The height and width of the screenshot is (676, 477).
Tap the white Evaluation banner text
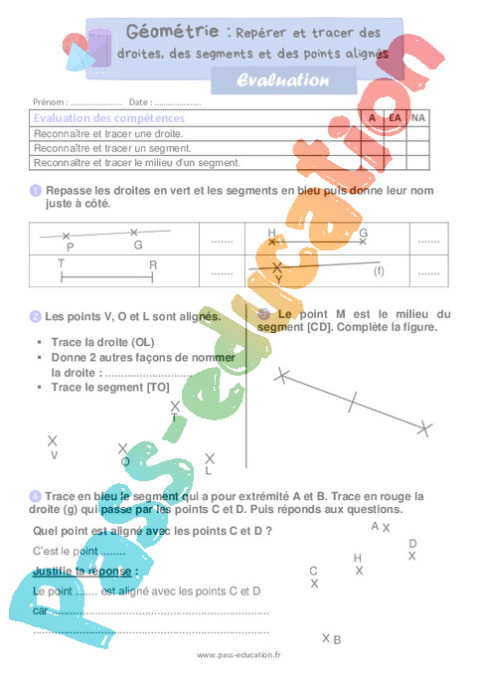284,80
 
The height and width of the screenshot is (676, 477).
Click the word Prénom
49,101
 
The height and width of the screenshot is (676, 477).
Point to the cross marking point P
67,236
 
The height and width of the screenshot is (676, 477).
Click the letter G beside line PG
138,245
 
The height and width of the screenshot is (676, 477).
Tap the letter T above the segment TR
62,264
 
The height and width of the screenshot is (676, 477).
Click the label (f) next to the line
378,270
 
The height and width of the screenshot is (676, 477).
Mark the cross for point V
53,440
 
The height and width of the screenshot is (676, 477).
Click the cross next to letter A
387,528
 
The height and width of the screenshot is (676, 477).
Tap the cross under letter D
411,556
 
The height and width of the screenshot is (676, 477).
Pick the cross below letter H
359,571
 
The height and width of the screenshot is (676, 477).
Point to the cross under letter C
314,584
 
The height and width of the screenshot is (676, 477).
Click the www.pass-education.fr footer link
238,655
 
